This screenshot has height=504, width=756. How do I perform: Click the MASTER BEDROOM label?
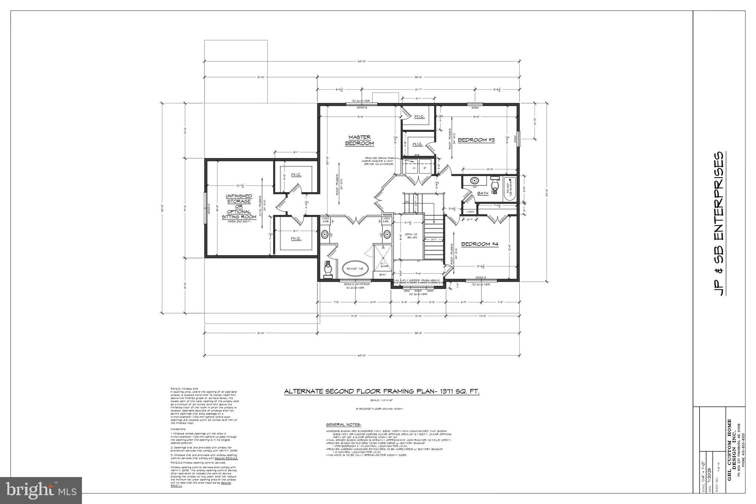[x=359, y=140]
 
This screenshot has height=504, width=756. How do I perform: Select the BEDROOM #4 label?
[x=480, y=244]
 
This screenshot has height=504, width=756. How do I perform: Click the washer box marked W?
[x=414, y=168]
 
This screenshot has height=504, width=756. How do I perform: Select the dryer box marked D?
[x=425, y=168]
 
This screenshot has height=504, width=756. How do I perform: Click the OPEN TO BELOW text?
[x=410, y=236]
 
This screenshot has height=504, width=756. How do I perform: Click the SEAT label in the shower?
[x=382, y=275]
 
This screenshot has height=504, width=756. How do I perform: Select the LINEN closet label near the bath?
[x=470, y=212]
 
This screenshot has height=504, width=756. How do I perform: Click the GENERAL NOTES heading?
[x=343, y=425]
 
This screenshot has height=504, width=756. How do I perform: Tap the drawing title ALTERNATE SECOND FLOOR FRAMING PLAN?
[x=381, y=392]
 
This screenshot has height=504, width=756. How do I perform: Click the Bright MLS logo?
[x=41, y=490]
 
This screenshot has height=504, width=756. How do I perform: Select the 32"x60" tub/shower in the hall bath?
[x=510, y=188]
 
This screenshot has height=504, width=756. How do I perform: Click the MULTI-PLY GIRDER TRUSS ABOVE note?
[x=417, y=281]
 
